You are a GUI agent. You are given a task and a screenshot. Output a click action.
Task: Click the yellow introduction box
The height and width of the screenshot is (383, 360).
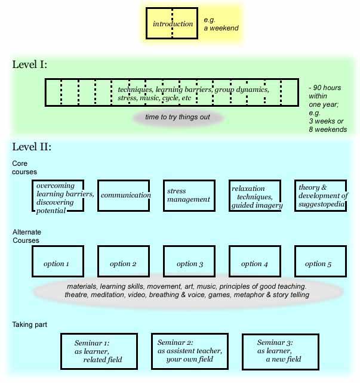point(173,24)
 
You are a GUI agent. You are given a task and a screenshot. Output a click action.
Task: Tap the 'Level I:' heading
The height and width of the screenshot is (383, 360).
point(29,64)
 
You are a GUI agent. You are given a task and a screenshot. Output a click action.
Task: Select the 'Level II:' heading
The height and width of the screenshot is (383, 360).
point(32,147)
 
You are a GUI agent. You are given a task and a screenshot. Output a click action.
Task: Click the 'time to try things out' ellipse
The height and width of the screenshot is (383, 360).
point(178,117)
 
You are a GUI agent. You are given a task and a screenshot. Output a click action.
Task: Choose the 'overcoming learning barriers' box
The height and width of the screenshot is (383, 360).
point(57,195)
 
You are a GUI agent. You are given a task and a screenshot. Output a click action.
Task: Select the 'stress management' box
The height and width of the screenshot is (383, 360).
point(189,195)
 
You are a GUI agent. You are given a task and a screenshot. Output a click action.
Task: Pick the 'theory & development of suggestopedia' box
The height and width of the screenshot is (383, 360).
point(321,195)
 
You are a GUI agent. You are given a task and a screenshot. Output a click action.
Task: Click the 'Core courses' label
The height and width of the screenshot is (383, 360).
point(24,168)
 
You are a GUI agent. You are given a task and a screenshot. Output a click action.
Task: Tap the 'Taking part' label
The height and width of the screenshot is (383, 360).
point(29,325)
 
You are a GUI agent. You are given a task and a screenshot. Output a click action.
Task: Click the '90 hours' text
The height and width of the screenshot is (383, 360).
point(326,88)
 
